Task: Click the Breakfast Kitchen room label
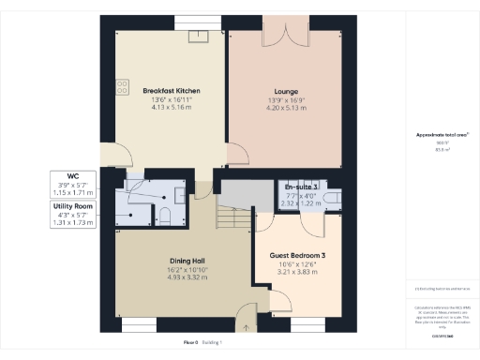[x=172, y=91]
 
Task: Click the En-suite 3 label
[x=301, y=188]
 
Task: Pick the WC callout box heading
[x=72, y=176]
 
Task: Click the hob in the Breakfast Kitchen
[x=122, y=86]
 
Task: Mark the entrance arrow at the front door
[x=247, y=327]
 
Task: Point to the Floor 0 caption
[x=191, y=343]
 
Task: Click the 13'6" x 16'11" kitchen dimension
[x=172, y=99]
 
